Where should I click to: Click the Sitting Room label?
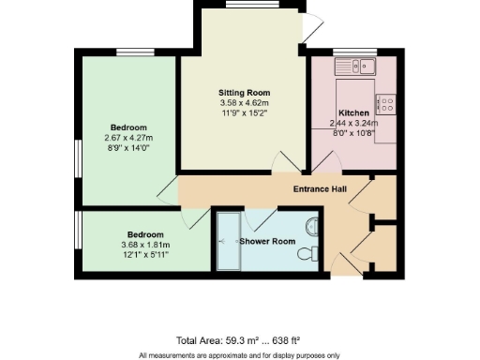[x=244, y=93]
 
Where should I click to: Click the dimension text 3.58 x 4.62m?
[x=244, y=103]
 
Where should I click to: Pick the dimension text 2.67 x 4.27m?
[x=128, y=137]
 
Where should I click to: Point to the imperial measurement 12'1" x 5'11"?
[x=145, y=254]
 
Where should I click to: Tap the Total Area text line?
[x=238, y=339]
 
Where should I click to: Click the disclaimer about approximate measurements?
[x=239, y=354]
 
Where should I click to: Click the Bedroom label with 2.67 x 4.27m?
[x=128, y=127]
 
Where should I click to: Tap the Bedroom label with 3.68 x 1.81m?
[x=145, y=233]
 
